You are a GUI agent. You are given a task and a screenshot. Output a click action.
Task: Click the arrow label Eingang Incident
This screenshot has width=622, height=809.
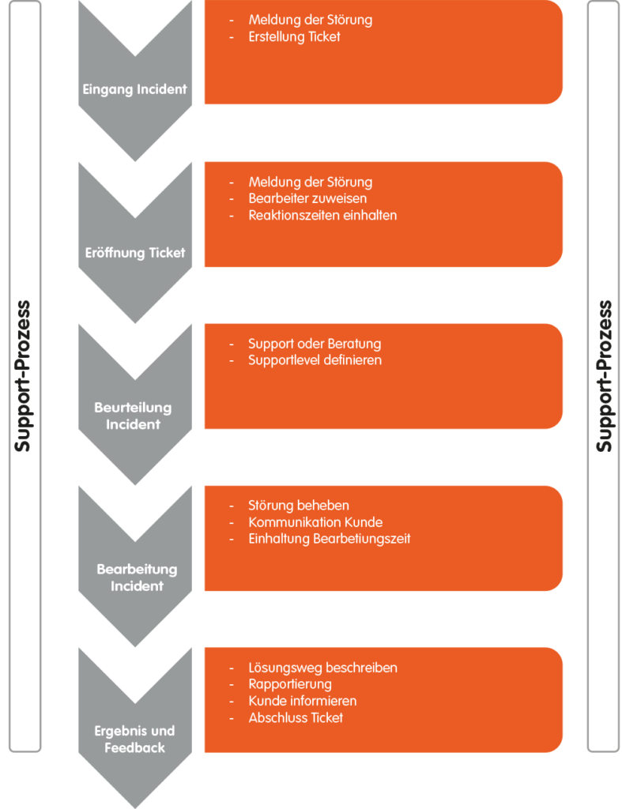pos(135,88)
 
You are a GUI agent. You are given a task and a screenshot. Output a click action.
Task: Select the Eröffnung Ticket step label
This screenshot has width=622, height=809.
pos(135,253)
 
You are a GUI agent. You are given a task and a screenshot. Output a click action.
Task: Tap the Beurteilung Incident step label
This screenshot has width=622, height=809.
pos(134,416)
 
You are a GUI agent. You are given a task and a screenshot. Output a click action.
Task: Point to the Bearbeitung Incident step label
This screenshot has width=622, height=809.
pos(137,578)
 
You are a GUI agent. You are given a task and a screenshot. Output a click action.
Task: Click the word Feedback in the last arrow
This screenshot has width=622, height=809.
pos(135,747)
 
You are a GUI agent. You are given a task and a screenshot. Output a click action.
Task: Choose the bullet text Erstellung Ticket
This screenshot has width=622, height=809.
pos(294,36)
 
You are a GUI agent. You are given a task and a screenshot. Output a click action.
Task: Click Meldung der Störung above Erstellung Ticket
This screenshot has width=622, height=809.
pos(310,20)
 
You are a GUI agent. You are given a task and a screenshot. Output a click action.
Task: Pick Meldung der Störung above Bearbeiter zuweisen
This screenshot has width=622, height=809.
pos(310,182)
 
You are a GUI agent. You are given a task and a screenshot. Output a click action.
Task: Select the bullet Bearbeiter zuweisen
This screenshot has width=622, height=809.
pos(307,198)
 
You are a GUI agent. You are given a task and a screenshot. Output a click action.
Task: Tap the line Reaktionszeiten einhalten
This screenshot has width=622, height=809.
pos(322,215)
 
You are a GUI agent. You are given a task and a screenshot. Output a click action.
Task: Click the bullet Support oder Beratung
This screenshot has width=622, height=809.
pos(315,344)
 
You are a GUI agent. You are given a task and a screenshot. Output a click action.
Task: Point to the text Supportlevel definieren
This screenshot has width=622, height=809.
pos(315,360)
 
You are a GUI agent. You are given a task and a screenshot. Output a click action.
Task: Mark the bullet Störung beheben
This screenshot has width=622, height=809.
pos(299,506)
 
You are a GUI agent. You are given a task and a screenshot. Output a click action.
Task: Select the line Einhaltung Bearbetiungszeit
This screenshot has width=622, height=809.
pos(330,539)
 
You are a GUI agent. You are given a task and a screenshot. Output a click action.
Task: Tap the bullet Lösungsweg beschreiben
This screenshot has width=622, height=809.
pos(322,668)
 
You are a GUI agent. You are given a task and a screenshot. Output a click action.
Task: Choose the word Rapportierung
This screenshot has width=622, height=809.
pos(290,684)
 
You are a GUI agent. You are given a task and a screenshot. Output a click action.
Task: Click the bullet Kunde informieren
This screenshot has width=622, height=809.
pos(302,701)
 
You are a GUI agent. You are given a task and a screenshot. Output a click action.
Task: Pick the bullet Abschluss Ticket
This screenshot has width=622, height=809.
pos(296,717)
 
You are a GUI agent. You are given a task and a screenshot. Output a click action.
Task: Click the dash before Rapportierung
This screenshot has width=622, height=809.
pos(231,684)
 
